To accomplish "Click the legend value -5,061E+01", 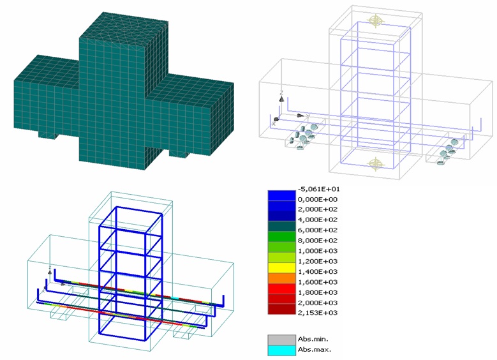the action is [x=318, y=190].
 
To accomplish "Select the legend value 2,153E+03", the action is [x=318, y=313].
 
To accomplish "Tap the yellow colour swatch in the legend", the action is [x=281, y=267].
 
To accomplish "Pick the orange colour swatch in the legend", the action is [x=281, y=278].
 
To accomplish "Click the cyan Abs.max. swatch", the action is [x=281, y=350].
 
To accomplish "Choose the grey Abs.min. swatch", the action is [x=281, y=340].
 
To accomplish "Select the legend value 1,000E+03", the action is [x=318, y=251].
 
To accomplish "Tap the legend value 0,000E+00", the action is [x=318, y=200].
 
